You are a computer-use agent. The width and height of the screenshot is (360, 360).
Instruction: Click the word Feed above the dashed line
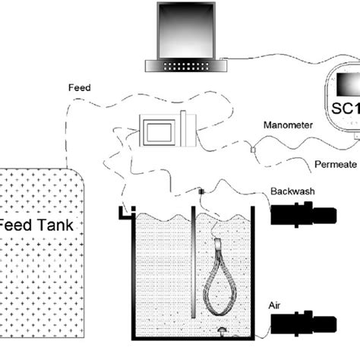pyautogui.click(x=78, y=88)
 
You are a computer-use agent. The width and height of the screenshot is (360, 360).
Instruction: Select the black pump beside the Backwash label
pyautogui.click(x=303, y=216)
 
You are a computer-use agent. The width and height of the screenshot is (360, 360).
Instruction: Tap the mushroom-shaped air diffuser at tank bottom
pyautogui.click(x=221, y=330)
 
